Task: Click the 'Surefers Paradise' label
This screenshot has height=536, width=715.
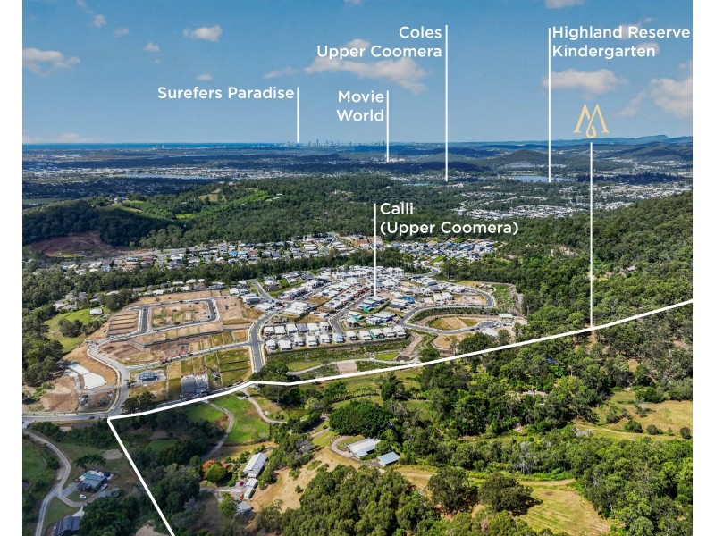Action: [x=226, y=93]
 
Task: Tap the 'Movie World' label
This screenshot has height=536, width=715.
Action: [x=361, y=105]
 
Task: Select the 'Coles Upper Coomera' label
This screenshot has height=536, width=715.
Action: [x=379, y=41]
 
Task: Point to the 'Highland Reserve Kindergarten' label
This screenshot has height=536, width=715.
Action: [x=621, y=41]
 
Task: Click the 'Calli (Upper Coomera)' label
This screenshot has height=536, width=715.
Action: [x=450, y=218]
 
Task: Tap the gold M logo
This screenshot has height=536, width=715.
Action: [x=591, y=121]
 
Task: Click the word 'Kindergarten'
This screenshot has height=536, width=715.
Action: [x=604, y=51]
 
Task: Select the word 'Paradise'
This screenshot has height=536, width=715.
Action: [x=261, y=93]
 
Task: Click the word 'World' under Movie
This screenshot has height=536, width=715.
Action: [x=361, y=115]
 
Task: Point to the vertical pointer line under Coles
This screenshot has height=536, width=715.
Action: [x=446, y=103]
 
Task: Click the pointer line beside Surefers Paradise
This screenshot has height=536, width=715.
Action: [x=298, y=115]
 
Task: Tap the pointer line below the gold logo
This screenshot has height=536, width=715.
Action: [x=592, y=235]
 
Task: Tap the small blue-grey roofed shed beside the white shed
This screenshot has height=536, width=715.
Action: [x=389, y=458]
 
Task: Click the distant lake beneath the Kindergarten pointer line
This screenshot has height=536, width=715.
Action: [x=543, y=180]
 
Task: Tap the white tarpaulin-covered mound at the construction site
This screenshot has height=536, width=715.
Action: [x=87, y=375]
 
